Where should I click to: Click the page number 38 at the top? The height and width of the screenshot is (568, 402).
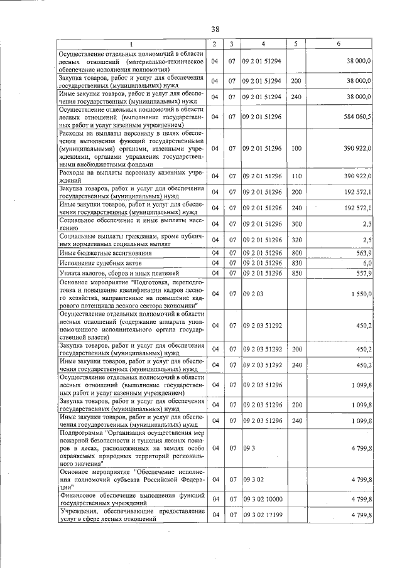(x=215, y=29)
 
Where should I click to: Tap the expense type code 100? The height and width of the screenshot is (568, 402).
(x=296, y=148)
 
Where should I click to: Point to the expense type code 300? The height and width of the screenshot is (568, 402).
(x=296, y=223)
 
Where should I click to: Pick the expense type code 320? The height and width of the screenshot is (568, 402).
(x=296, y=239)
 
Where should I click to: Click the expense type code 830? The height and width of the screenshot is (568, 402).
(x=296, y=263)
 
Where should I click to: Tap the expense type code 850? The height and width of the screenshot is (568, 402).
(x=296, y=274)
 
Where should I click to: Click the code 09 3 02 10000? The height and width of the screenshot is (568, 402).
(x=263, y=500)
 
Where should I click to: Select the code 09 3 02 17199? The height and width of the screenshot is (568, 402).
(x=263, y=515)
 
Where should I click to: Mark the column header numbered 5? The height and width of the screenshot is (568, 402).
(x=295, y=44)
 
